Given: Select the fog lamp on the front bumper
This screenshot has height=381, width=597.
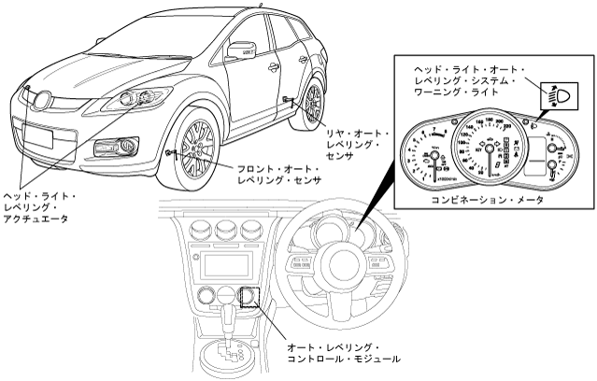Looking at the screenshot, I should [x=125, y=145].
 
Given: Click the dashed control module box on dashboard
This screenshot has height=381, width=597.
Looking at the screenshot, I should [x=250, y=297].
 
